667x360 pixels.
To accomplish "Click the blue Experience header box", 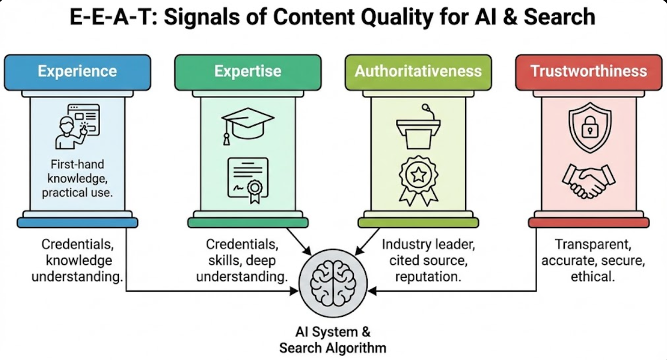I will click(77, 71).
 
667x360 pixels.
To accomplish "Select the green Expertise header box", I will click(248, 71).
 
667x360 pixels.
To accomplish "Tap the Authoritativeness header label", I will click(418, 71).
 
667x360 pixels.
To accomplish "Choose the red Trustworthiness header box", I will click(589, 71).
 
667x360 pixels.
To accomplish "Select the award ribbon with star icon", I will click(418, 180).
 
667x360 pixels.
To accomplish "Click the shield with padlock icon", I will click(589, 126).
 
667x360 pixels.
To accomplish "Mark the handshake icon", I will click(589, 182).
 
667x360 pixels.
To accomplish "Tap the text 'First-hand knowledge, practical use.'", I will click(77, 178).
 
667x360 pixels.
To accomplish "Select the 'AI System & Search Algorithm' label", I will click(333, 339).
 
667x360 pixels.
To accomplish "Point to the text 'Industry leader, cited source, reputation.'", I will click(428, 260).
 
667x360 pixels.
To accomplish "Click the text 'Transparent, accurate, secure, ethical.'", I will click(593, 260).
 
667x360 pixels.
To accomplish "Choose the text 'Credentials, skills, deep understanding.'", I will click(241, 260).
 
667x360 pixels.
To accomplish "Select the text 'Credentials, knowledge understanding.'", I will click(77, 260).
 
